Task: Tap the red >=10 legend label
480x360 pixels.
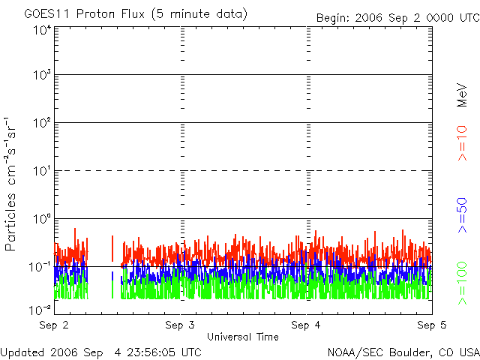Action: (463, 143)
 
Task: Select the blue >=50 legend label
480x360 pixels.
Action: (463, 215)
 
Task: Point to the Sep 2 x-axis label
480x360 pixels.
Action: (54, 325)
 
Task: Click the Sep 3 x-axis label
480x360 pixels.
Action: (180, 325)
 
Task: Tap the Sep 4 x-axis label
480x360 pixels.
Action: (306, 325)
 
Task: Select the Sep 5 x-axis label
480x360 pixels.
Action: (432, 325)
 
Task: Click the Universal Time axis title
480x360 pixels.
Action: (243, 337)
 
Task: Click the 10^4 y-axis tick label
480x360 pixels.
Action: (42, 30)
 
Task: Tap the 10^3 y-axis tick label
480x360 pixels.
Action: (42, 75)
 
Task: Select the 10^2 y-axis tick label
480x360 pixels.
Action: (42, 122)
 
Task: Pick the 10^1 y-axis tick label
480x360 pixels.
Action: (42, 170)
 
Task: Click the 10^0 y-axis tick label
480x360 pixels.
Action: (42, 218)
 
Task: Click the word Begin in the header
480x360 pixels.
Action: (332, 16)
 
